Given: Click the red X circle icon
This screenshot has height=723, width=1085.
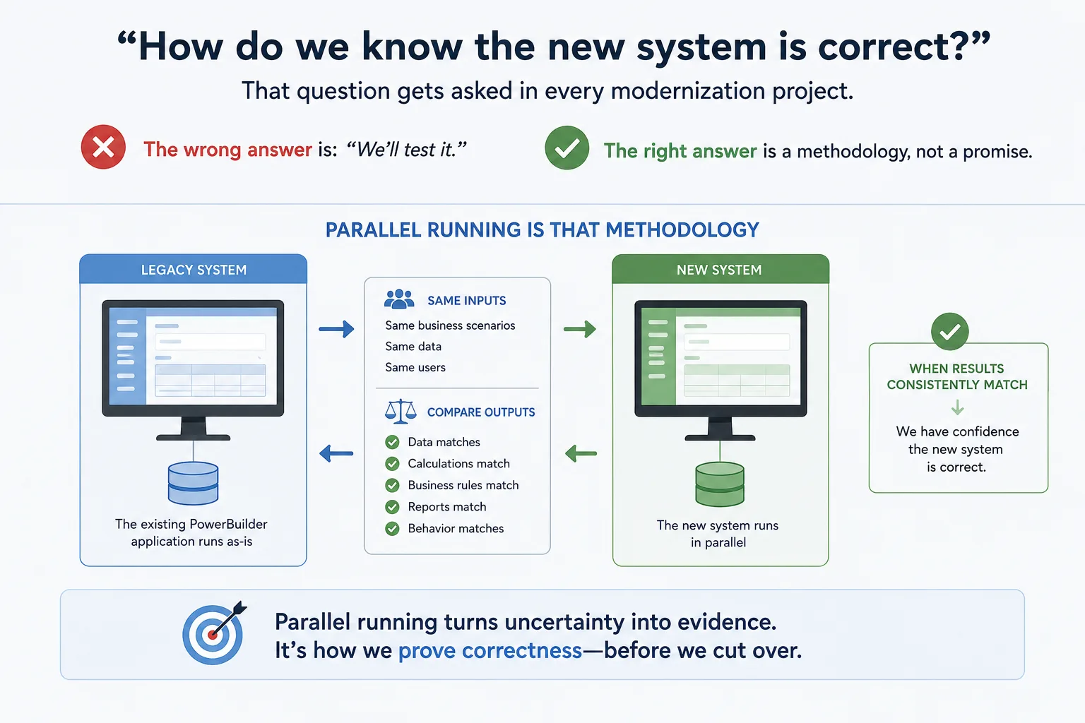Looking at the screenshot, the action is coord(103,147).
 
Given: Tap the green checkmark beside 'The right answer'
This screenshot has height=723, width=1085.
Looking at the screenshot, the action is coord(567,148).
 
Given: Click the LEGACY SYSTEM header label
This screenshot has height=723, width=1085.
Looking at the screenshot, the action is coord(194,270).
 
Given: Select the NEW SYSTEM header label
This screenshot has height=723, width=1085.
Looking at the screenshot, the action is coord(719,270).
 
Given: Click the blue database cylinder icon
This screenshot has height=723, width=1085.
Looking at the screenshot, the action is coord(194,483).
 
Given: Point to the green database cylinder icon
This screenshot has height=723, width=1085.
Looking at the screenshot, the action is coord(720,484).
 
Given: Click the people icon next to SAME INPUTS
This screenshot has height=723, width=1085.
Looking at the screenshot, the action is coord(399,299).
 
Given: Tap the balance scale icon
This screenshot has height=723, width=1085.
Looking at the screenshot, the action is coord(401,412).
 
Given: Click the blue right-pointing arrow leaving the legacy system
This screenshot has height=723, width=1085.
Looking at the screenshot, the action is coord(337,329).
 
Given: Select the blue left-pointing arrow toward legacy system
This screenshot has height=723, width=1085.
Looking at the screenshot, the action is coord(336,454).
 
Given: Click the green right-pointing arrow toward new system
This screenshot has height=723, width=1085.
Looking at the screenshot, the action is coord(580,329).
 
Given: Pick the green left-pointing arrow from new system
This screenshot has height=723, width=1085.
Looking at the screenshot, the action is coord(581,454).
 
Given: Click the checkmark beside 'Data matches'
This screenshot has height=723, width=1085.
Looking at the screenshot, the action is coord(392,442).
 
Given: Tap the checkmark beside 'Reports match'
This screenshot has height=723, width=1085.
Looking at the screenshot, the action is coord(392,507).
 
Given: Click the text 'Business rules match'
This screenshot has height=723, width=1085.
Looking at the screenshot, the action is coord(463,485).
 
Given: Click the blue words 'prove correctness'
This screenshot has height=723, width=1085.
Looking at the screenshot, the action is coord(490,650).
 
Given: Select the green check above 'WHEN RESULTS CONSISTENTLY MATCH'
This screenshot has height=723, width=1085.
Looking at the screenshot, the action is coord(949,332).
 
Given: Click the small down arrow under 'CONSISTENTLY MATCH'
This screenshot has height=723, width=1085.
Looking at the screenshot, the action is coord(957,407).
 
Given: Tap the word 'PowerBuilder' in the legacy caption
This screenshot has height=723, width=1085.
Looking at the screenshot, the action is coord(228,524).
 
